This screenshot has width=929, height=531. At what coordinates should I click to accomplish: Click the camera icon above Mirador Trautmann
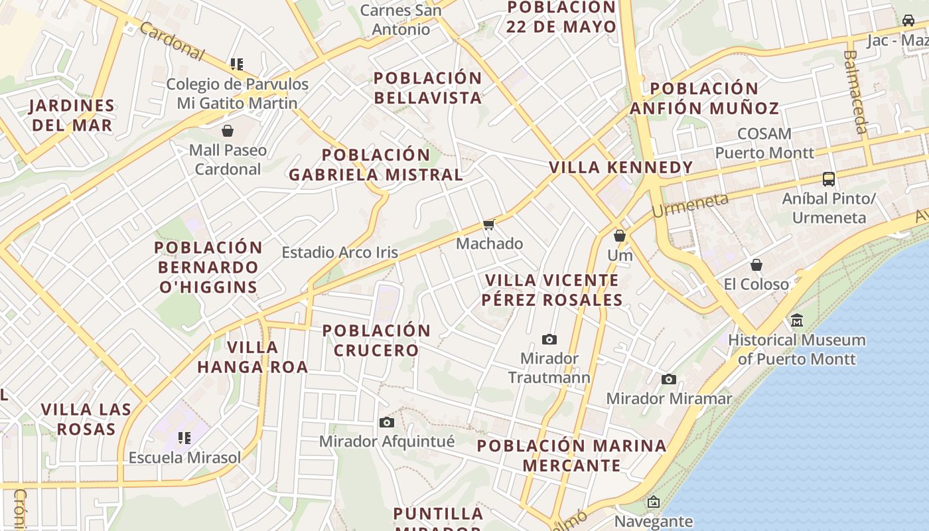(x=549, y=339)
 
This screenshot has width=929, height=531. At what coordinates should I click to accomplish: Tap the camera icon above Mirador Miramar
(x=669, y=379)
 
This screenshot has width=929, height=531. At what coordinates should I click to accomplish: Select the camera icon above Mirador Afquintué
(x=386, y=422)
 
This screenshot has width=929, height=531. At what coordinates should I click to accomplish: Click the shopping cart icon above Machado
(x=489, y=225)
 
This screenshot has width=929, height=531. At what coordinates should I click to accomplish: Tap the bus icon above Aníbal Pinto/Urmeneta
(x=829, y=179)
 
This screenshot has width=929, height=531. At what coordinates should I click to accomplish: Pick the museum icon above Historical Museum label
(x=797, y=321)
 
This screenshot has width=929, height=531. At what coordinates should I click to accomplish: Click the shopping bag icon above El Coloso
(x=756, y=265)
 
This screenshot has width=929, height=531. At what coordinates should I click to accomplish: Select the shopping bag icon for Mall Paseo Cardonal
(x=228, y=130)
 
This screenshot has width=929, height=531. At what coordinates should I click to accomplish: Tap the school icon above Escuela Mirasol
(x=184, y=437)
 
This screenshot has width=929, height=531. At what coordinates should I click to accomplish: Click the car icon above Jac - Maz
(x=908, y=21)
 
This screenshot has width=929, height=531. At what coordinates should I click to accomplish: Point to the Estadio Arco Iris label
(x=340, y=252)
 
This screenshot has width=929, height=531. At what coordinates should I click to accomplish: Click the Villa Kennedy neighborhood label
(x=620, y=167)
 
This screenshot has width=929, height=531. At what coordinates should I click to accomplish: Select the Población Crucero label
(x=376, y=340)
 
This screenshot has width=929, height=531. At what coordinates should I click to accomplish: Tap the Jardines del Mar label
(x=72, y=115)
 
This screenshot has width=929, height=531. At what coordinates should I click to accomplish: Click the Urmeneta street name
(x=689, y=205)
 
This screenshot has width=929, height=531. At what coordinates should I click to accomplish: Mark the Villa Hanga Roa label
(x=252, y=356)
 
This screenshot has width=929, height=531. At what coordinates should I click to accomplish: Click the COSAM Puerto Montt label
(x=764, y=143)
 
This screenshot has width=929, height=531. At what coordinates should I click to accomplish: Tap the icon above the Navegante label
(x=654, y=502)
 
